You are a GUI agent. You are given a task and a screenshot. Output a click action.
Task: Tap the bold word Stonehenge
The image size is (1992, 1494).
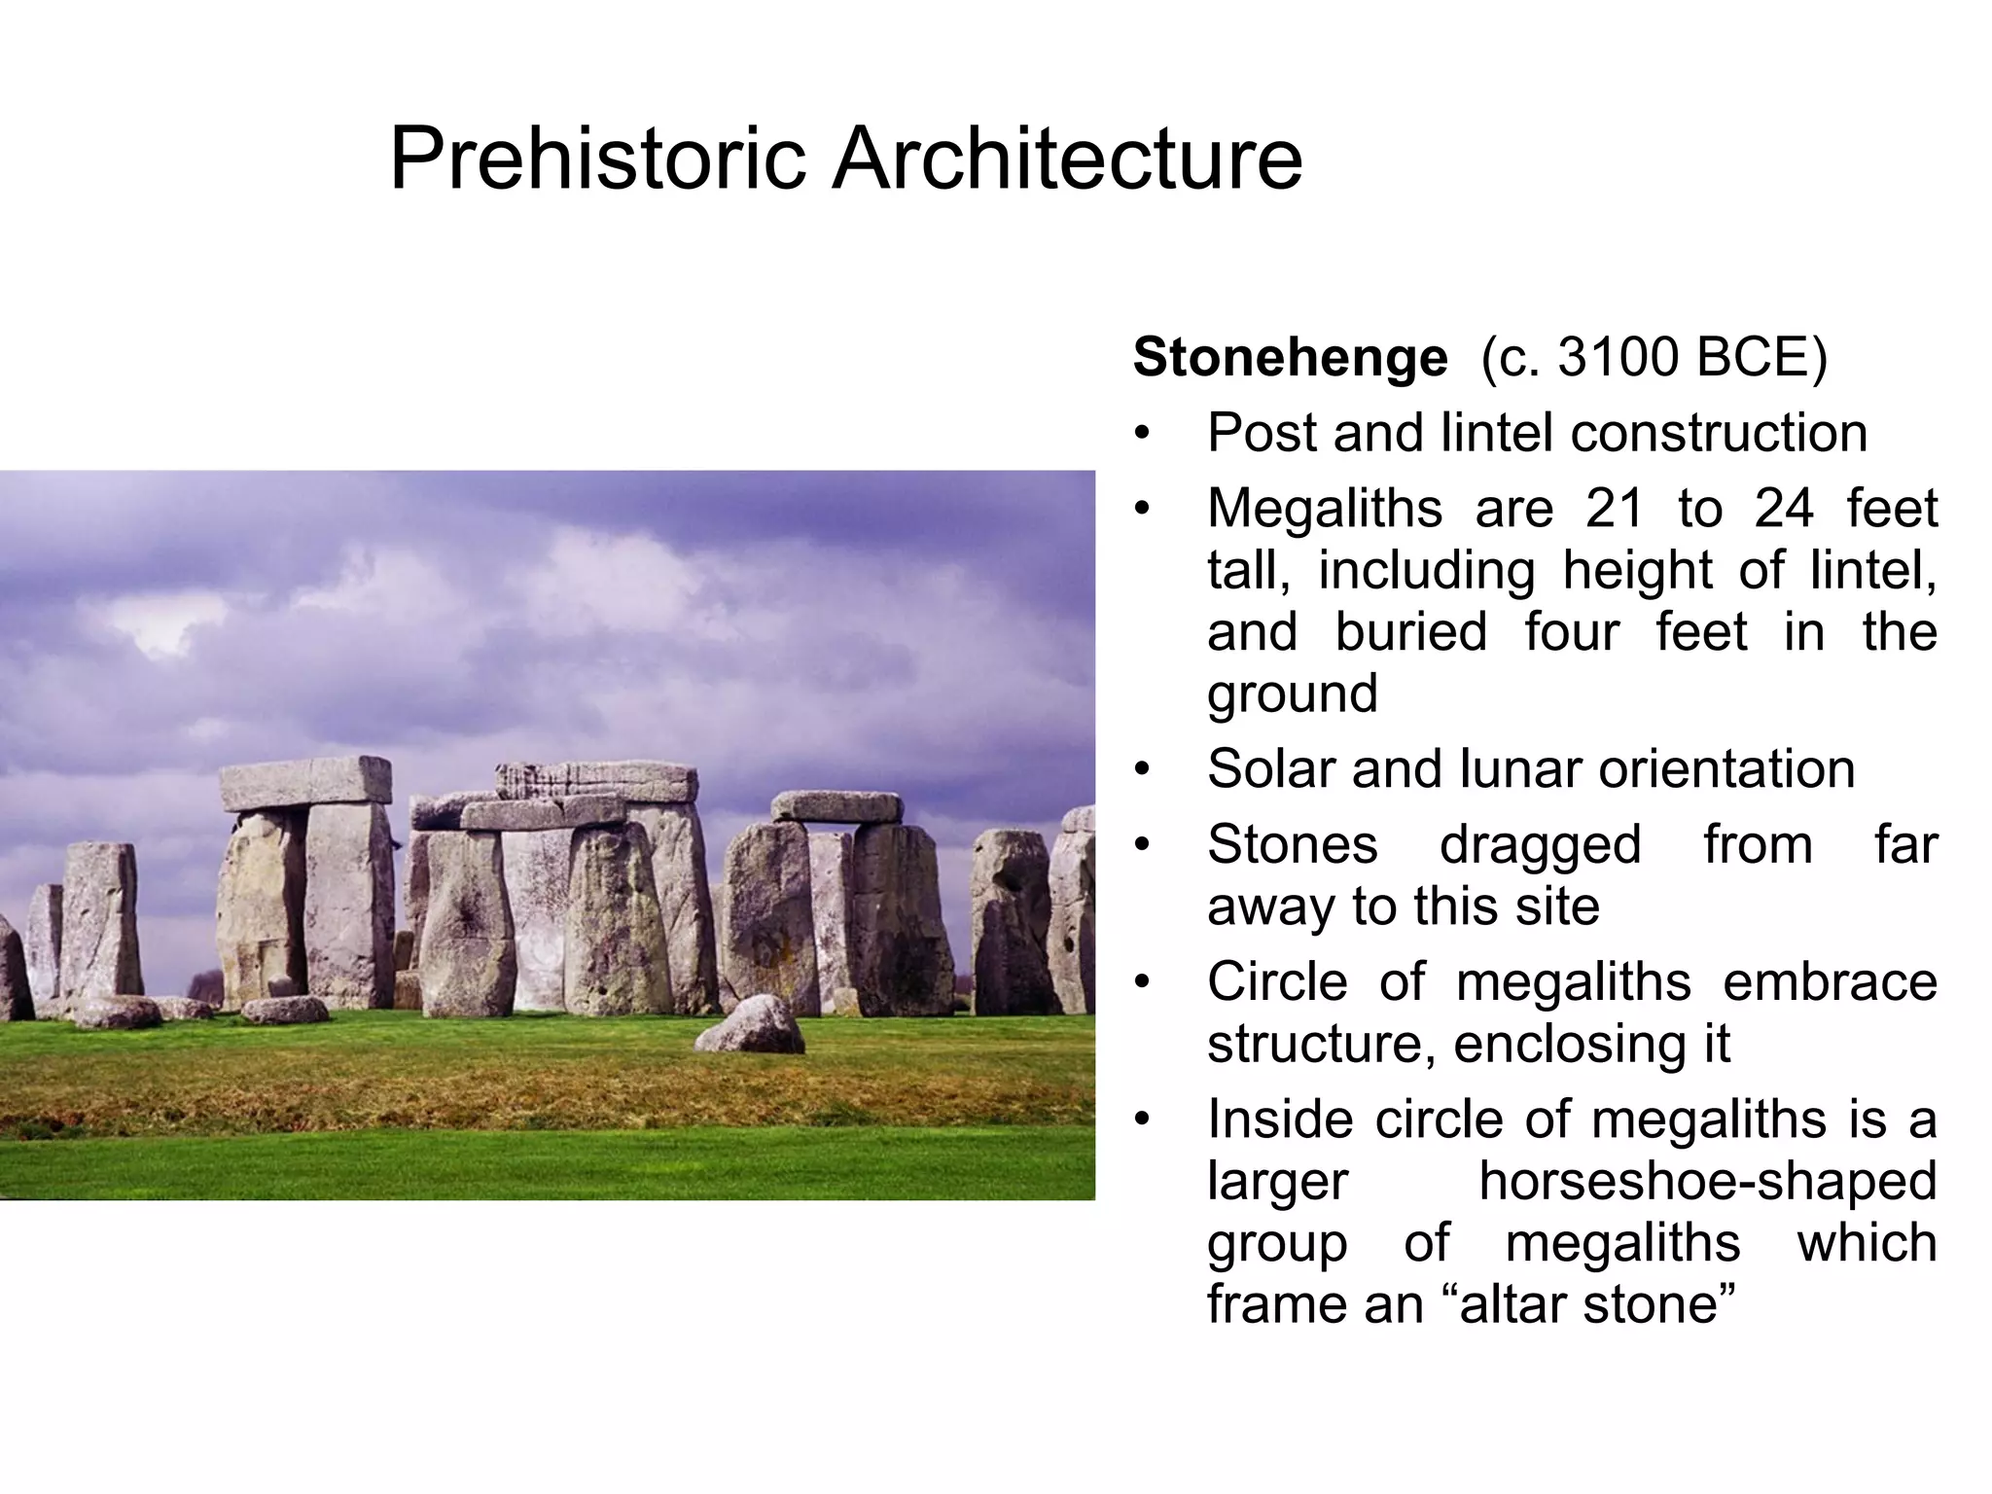(x=1290, y=357)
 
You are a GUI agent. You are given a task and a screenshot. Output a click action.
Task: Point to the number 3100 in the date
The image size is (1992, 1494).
(x=1618, y=357)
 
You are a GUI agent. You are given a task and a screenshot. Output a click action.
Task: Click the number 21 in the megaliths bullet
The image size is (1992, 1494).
(x=1615, y=508)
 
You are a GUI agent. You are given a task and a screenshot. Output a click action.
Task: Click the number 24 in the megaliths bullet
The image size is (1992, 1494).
(x=1784, y=508)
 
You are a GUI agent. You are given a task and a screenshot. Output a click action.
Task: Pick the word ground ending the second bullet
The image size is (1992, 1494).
(x=1293, y=694)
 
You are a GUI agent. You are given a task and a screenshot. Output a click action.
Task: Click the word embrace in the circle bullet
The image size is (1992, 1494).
(x=1830, y=981)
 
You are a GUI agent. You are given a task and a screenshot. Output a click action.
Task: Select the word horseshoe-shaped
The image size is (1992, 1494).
(x=1708, y=1181)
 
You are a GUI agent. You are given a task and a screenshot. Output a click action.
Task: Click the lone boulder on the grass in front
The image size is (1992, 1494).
(x=751, y=1026)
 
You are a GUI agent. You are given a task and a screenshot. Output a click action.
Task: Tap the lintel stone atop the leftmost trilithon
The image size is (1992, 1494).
(x=305, y=783)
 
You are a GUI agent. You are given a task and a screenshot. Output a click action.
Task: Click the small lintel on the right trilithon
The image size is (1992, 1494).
(x=836, y=806)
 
